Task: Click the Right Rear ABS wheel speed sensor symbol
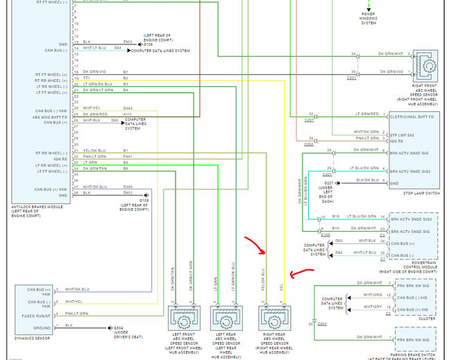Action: pyautogui.click(x=275, y=318)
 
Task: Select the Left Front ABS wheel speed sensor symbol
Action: pyautogui.click(x=185, y=318)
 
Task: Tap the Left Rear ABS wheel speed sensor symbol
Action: pyautogui.click(x=227, y=318)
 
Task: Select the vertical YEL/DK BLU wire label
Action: pyautogui.click(x=263, y=281)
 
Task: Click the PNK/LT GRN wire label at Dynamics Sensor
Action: pyautogui.click(x=77, y=314)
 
